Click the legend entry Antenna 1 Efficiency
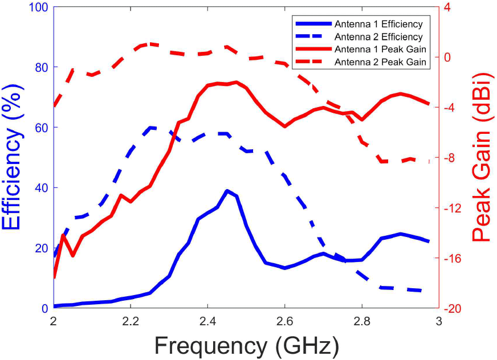378,24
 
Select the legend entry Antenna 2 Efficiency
378,36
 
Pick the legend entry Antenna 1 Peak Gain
381,48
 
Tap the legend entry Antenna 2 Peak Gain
381,61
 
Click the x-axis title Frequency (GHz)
246,345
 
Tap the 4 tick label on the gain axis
447,7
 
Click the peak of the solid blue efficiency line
227,191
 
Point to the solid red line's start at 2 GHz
54,277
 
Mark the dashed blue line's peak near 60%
150,128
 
